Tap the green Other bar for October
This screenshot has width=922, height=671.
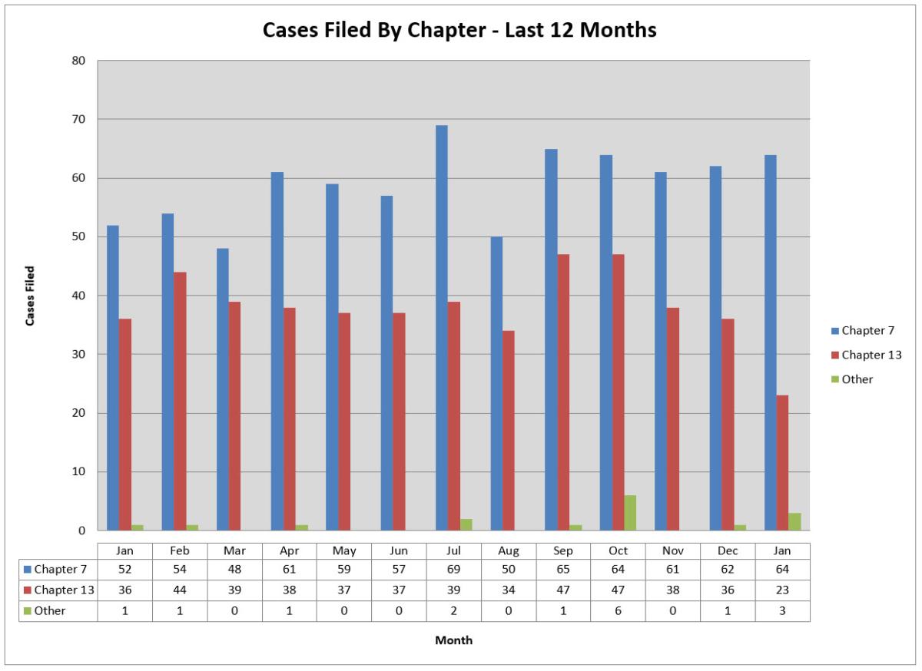630,513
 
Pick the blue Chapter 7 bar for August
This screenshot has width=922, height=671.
496,384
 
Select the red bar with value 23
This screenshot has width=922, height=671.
782,463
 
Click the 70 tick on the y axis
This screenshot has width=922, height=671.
80,120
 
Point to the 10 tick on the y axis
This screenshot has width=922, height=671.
80,471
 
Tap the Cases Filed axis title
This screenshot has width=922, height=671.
31,296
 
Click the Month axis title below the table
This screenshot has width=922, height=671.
454,640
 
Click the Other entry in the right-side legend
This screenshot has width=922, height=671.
857,379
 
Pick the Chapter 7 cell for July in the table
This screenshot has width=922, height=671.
453,570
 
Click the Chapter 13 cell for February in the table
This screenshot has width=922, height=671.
180,590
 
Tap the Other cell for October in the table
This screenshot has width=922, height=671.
618,611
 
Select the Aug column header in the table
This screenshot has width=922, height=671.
508,551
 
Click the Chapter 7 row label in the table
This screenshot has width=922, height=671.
60,570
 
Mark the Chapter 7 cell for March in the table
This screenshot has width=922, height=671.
234,570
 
